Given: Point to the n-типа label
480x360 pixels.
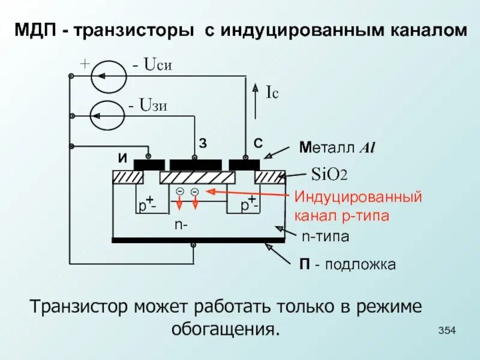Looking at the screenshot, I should coord(325,236).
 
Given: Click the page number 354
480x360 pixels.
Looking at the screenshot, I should coord(448,330).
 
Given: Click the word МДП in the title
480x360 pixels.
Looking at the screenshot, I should coord(37,30).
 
